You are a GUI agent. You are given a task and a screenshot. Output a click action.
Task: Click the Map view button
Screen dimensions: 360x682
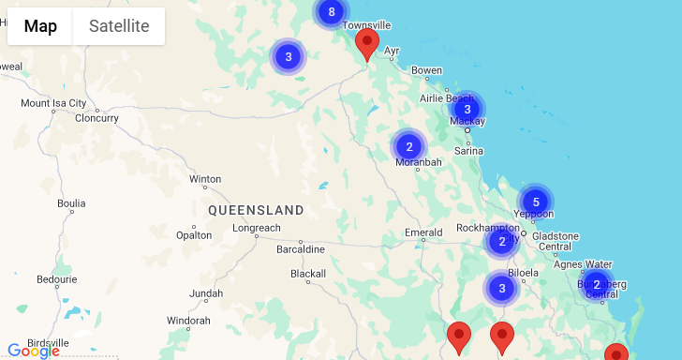[40, 26]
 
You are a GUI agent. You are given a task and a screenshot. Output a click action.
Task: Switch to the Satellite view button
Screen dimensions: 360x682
[119, 26]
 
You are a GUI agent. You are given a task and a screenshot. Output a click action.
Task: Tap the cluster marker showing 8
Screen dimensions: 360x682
[330, 12]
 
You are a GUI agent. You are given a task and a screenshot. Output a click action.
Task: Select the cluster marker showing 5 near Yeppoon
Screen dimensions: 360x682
[536, 202]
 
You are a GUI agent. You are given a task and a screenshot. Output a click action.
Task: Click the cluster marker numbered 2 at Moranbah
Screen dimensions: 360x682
[409, 146]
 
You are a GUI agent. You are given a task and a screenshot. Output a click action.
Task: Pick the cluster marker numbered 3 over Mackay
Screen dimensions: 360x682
[467, 109]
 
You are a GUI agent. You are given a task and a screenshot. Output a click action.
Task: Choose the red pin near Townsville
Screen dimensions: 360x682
[368, 43]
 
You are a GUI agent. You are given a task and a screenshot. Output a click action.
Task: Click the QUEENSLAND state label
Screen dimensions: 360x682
[256, 210]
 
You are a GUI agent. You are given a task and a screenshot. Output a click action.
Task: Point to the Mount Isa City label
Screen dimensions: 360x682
[53, 103]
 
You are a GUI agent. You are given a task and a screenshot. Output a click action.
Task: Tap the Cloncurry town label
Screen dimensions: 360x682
[96, 118]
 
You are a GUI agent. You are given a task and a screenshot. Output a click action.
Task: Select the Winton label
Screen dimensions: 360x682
[205, 179]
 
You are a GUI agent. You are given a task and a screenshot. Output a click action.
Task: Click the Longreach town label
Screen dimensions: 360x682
[256, 228]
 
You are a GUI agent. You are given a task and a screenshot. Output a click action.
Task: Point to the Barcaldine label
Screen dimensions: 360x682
[301, 249]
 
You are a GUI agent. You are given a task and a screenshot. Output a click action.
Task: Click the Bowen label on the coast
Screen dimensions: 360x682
[426, 70]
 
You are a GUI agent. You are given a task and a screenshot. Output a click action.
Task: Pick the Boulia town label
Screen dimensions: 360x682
[71, 202]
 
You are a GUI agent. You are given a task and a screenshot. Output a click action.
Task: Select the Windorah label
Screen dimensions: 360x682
[188, 321]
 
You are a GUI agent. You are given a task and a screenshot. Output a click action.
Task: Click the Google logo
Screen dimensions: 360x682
[33, 352]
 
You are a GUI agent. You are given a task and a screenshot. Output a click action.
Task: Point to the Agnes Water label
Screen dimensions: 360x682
[583, 264]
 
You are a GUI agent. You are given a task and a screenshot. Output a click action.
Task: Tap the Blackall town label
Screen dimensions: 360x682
[307, 274]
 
